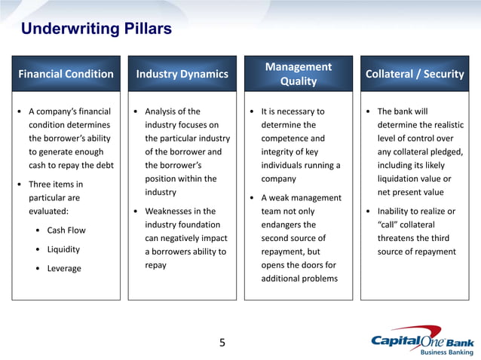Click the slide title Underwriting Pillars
click(x=97, y=29)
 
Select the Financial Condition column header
click(x=66, y=74)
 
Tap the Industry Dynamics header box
click(x=182, y=74)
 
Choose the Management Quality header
click(x=298, y=74)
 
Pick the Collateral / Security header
click(x=414, y=74)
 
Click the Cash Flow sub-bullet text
click(x=66, y=230)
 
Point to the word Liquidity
click(x=63, y=249)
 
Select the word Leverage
click(x=64, y=269)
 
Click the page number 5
click(x=222, y=343)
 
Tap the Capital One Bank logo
click(x=422, y=340)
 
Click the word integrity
click(x=280, y=152)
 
